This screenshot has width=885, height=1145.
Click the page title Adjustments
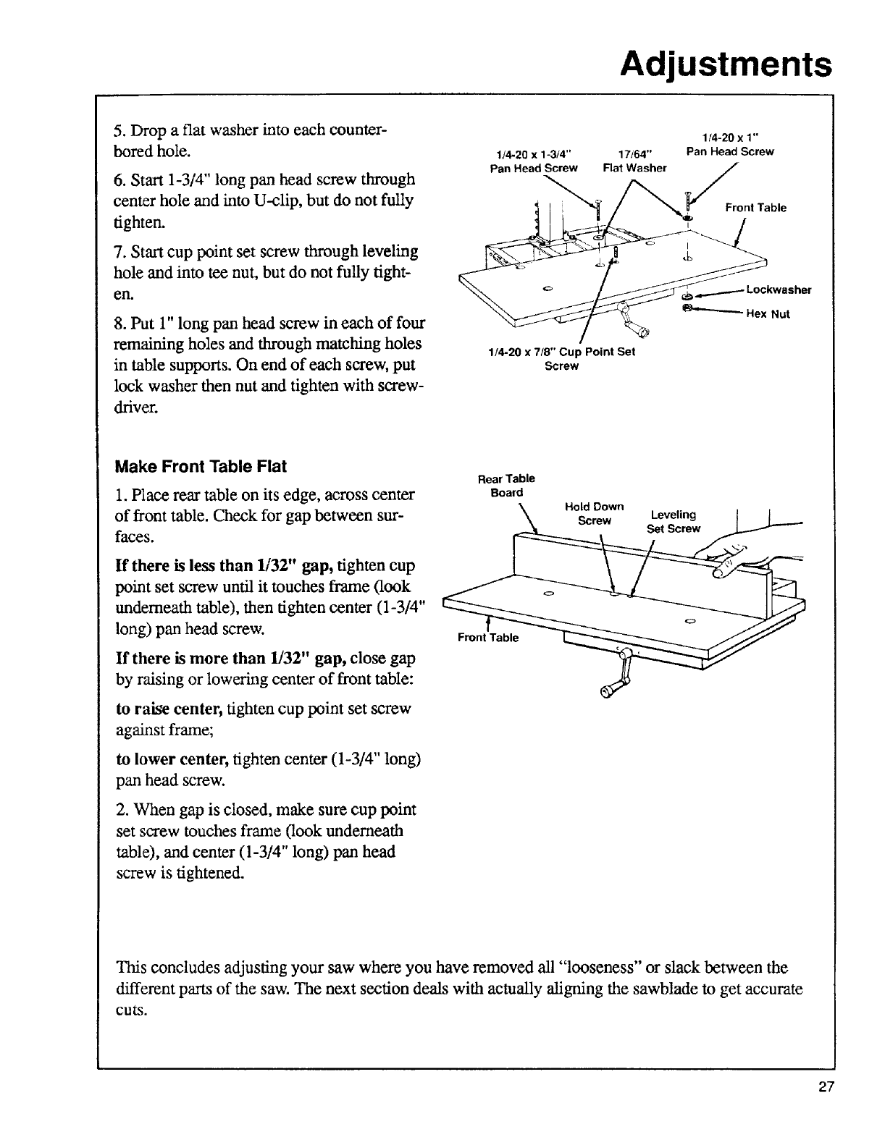tap(725, 64)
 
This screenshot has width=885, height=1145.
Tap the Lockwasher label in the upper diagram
tap(779, 290)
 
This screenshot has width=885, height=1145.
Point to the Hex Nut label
tap(768, 314)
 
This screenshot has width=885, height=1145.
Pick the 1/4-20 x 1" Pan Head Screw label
tap(729, 145)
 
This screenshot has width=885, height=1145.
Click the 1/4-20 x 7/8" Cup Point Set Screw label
tap(561, 359)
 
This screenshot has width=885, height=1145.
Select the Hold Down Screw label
tap(595, 513)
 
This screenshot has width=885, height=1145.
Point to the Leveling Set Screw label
tap(674, 521)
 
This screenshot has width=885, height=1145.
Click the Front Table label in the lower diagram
tap(488, 638)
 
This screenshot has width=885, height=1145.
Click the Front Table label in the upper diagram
tap(755, 208)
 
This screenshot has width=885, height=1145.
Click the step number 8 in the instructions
tap(119, 322)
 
